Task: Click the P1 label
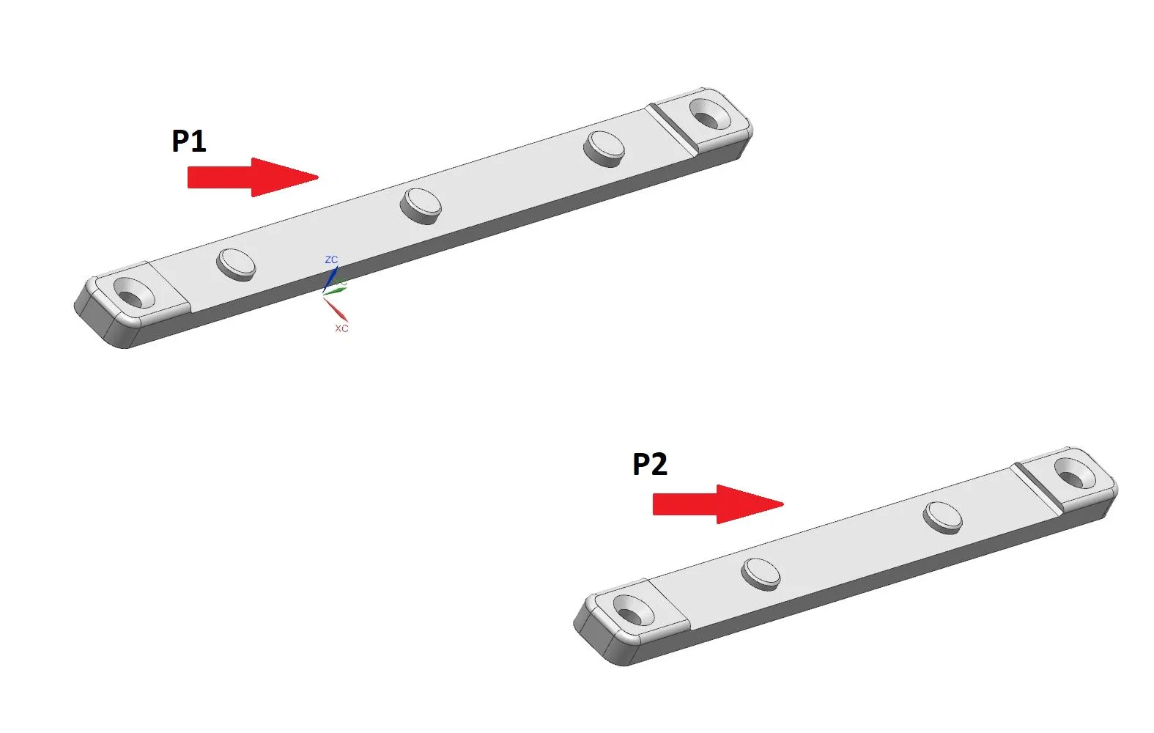[x=188, y=141]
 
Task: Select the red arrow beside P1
[x=253, y=177]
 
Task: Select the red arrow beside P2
[x=718, y=504]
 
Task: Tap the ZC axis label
[x=331, y=259]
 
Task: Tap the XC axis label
[x=341, y=328]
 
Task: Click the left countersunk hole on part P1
[x=133, y=292]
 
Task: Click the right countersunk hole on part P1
[x=710, y=114]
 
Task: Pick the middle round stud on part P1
[x=421, y=206]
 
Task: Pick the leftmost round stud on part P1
[x=236, y=265]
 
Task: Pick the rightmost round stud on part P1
[x=604, y=149]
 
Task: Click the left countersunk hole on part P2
[x=634, y=611]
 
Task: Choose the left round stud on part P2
[x=761, y=574]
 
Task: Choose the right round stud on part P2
[x=942, y=517]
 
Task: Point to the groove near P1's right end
[x=673, y=129]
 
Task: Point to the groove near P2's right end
[x=1037, y=488]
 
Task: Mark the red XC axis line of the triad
[x=336, y=310]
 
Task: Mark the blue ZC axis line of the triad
[x=330, y=279]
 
